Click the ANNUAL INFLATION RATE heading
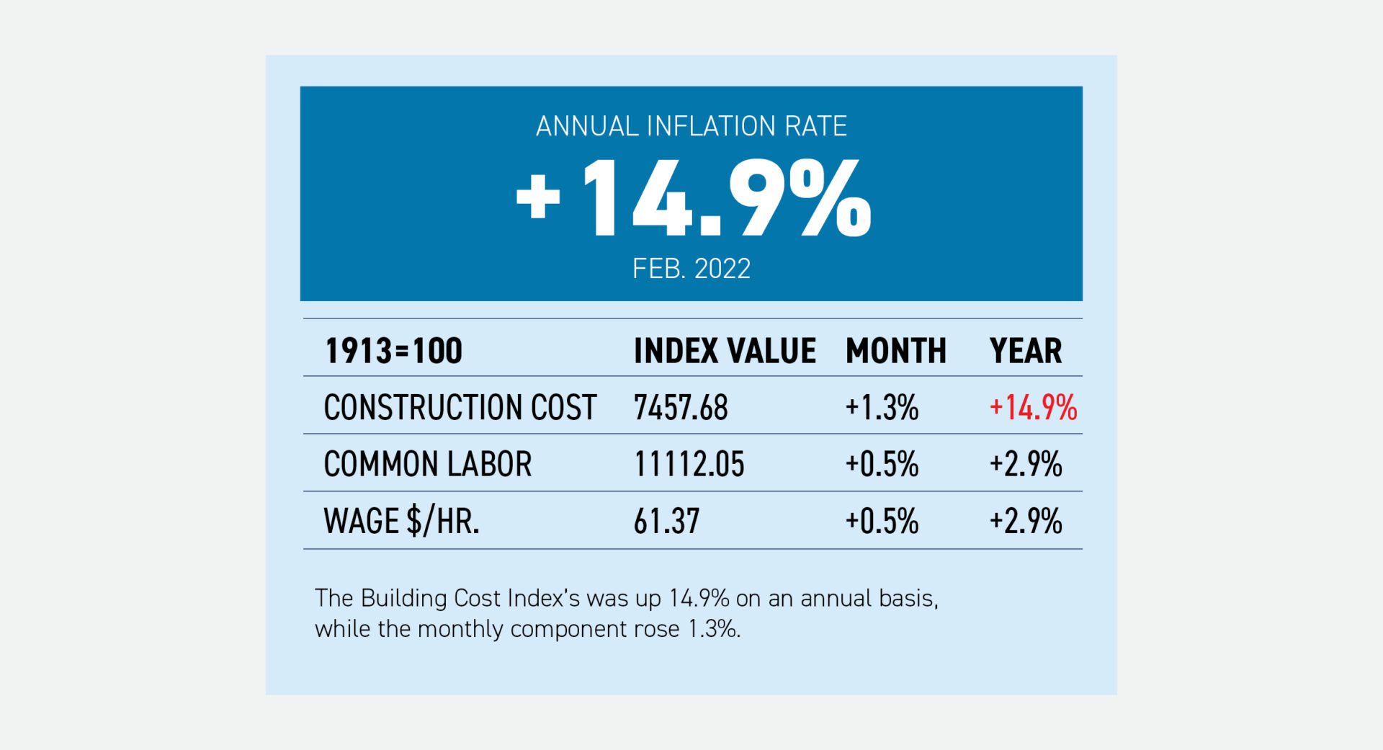pos(691,127)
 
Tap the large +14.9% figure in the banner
pos(693,199)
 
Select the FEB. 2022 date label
pos(691,269)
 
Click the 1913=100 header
pos(393,351)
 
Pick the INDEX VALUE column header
pos(724,351)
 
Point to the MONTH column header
pos(895,351)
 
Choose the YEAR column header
pos(1025,351)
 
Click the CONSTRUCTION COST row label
pos(460,407)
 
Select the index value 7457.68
pos(680,408)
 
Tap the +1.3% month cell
pos(882,408)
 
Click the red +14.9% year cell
pos(1033,408)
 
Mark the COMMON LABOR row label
pos(427,464)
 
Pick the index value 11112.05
pos(689,464)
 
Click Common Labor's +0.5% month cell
pos(882,464)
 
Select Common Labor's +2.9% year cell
pos(1025,464)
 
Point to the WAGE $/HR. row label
pos(401,521)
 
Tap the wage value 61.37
pos(666,521)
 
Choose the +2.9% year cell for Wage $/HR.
pos(1025,521)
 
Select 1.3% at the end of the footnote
pos(714,629)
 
